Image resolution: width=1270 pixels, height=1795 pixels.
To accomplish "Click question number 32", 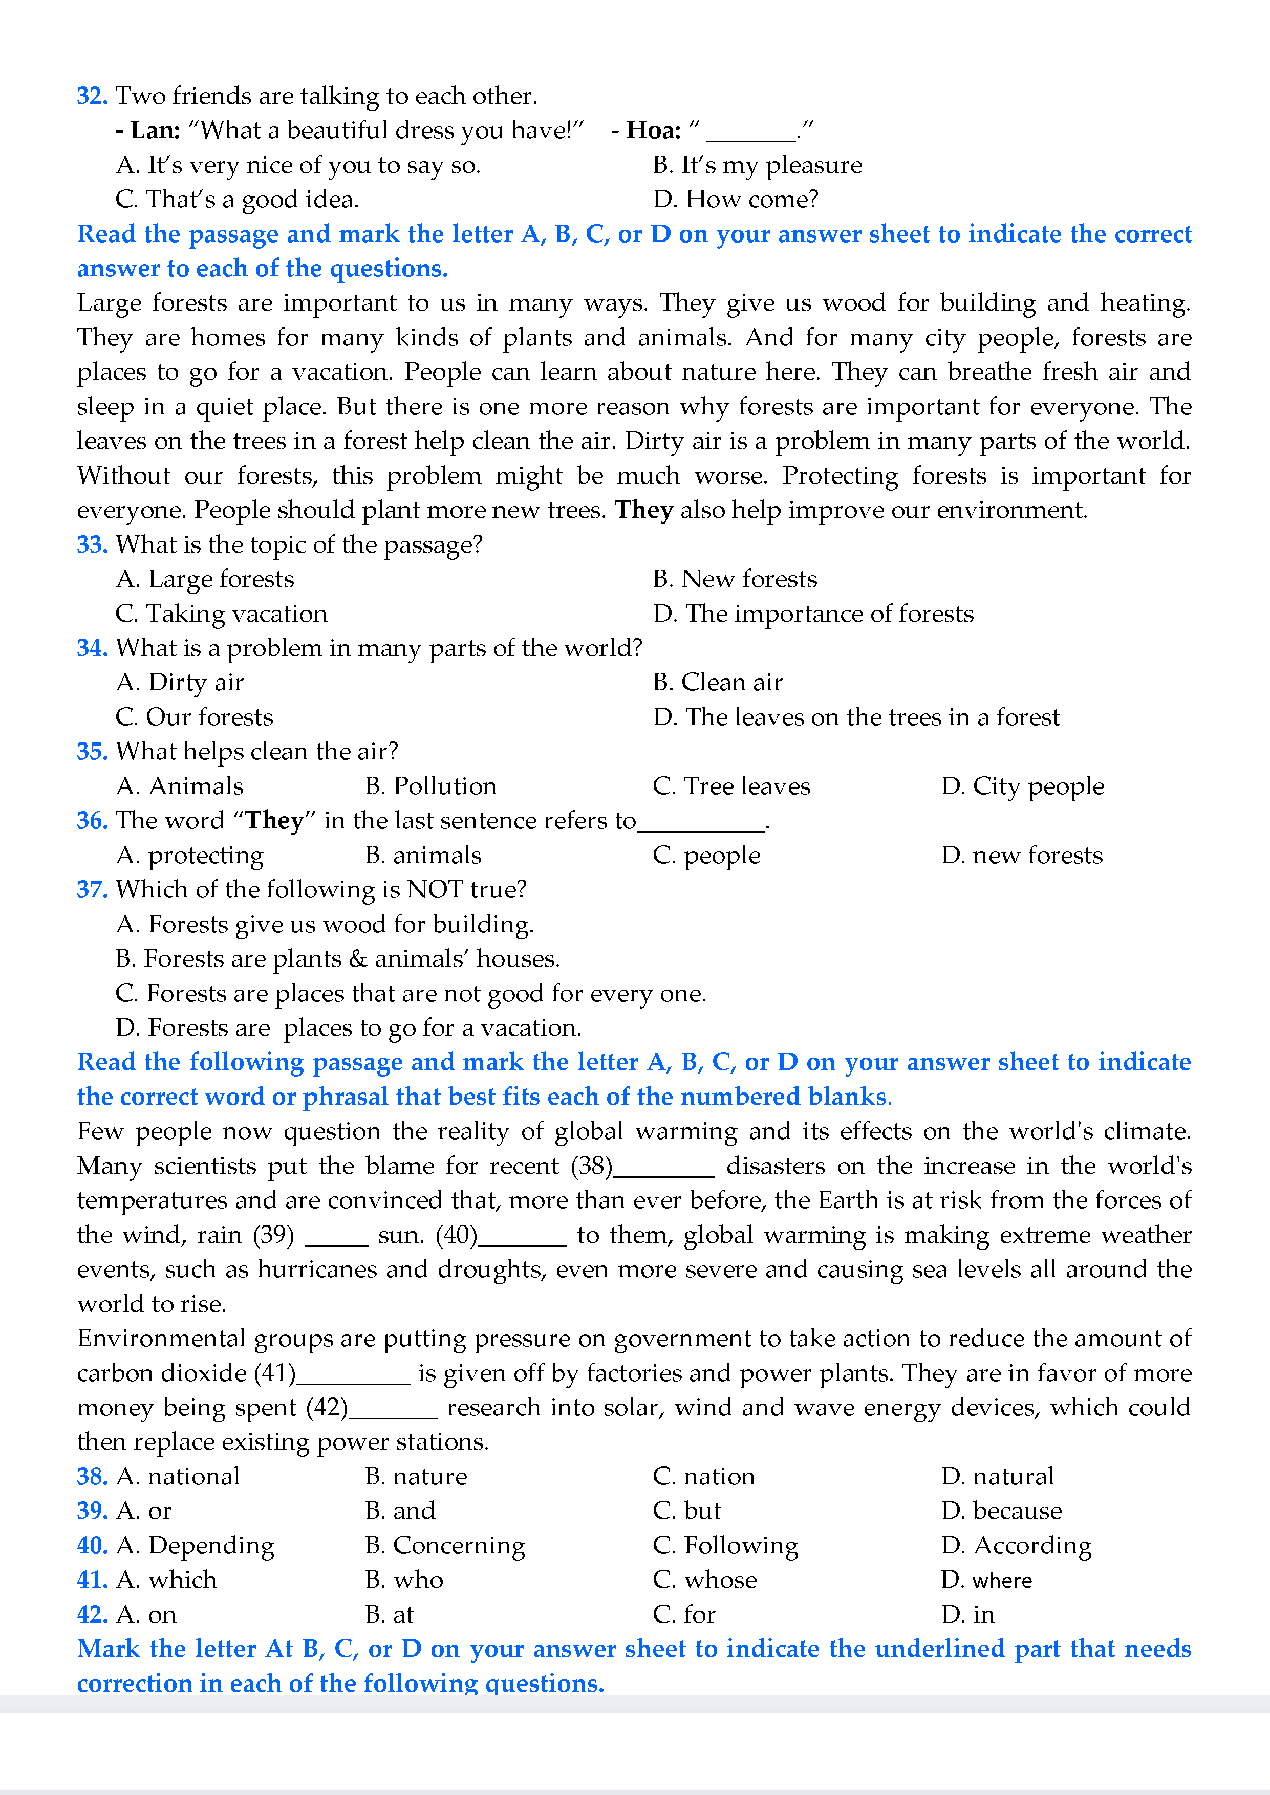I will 92,96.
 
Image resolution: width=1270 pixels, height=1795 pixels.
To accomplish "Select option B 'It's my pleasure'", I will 757,165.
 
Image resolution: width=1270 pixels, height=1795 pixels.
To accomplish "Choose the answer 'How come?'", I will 735,200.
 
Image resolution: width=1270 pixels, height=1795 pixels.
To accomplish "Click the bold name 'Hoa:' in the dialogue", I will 653,130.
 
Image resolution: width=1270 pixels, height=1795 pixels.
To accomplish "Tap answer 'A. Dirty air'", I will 180,683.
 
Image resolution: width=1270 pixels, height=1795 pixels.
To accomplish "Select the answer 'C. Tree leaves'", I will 731,786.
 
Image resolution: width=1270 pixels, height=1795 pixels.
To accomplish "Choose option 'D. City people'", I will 1022,786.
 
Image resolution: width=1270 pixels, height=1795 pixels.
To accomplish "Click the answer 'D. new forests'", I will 1021,855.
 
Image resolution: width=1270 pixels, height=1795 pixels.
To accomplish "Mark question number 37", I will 92,890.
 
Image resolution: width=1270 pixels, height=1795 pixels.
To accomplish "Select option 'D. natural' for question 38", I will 997,1476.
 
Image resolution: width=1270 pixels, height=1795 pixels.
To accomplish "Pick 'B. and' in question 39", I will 400,1511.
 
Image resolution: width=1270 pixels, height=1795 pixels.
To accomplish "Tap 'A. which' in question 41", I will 166,1580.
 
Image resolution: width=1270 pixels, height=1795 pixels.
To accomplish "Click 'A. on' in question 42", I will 146,1614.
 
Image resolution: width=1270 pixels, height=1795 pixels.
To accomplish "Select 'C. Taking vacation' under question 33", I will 221,614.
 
